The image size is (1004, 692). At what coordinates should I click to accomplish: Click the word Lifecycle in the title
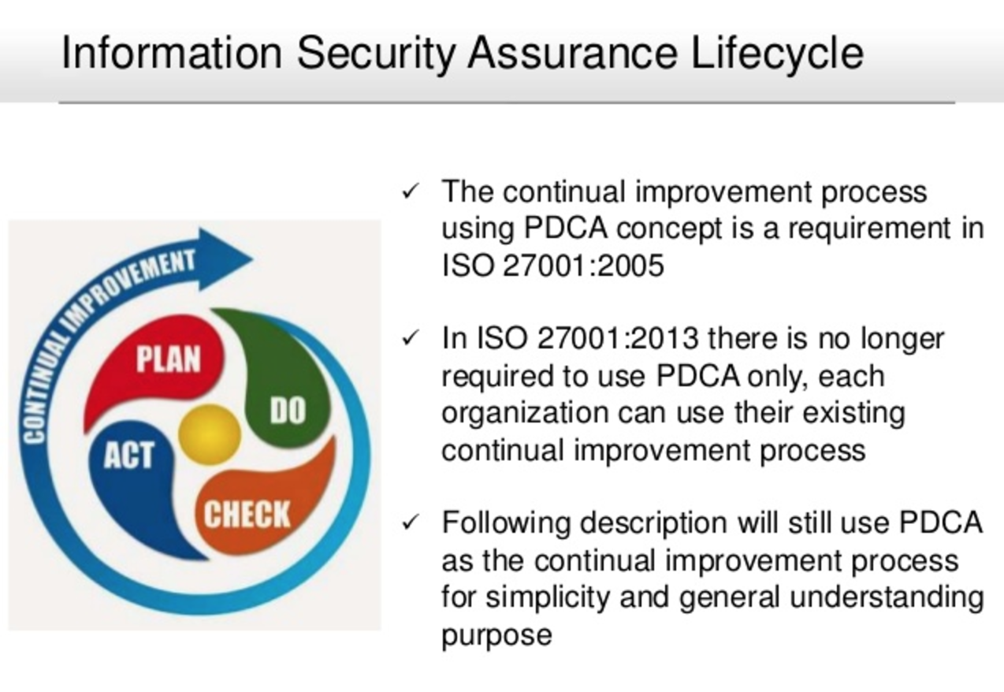pos(777,54)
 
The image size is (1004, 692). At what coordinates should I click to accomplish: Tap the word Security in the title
pos(377,54)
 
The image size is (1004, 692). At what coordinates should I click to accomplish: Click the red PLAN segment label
pos(169,359)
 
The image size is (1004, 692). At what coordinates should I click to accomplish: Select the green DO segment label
pos(288,411)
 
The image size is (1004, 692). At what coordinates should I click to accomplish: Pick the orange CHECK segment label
pos(247,514)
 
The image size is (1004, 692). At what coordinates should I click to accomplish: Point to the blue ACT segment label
pos(129,456)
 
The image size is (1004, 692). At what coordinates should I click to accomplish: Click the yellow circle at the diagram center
pos(210,434)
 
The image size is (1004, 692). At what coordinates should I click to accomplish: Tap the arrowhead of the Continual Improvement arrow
pos(226,259)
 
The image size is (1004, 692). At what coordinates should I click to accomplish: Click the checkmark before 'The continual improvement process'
pos(411,191)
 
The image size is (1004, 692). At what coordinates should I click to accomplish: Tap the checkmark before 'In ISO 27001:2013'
pos(411,337)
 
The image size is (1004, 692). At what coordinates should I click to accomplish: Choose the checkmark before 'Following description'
pos(411,522)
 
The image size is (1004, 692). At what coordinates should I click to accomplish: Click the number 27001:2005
pos(583,266)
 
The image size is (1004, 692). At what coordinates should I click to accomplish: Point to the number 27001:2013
pos(617,338)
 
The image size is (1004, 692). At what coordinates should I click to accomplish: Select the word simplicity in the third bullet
pos(548,598)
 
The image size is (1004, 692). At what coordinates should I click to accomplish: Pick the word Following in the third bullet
pos(506,523)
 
